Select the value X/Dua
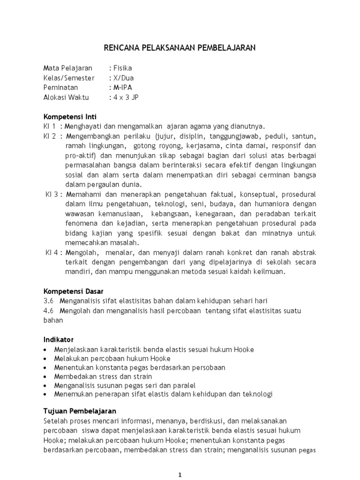coord(123,78)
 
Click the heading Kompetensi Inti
coord(70,116)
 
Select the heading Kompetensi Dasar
coord(74,291)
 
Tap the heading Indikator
coord(59,339)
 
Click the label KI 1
coord(50,126)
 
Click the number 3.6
coord(49,300)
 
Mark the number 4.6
coord(49,310)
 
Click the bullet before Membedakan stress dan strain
coord(45,376)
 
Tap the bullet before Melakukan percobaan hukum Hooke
coord(45,359)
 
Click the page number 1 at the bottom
coord(180,474)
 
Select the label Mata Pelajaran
coord(67,68)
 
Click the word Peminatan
coord(61,88)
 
